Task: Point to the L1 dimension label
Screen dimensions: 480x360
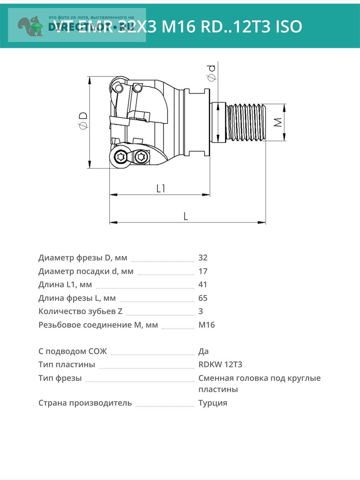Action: click(x=161, y=188)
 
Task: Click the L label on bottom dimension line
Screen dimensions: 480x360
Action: click(x=186, y=216)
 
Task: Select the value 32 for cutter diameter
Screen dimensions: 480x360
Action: click(x=203, y=258)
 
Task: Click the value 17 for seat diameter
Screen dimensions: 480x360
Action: click(x=203, y=271)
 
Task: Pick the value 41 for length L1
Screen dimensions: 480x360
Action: click(x=202, y=284)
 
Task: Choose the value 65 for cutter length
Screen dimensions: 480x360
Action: click(x=203, y=298)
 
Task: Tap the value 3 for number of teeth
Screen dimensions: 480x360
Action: click(x=200, y=311)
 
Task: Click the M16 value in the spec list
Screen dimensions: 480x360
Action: click(x=206, y=325)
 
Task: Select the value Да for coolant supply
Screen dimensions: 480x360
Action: click(x=203, y=351)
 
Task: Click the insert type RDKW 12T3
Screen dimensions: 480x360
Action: click(x=220, y=364)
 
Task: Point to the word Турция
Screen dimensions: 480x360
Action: click(x=212, y=403)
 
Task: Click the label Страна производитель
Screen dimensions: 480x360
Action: click(x=85, y=403)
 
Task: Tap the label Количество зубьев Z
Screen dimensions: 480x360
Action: click(x=80, y=311)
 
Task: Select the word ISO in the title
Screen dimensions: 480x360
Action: click(x=288, y=26)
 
